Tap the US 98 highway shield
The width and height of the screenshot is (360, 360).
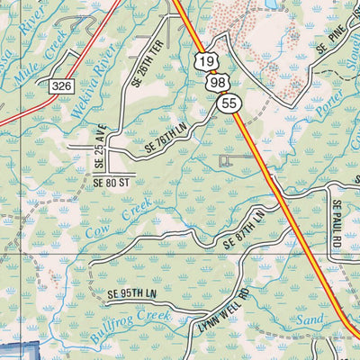[x=216, y=83]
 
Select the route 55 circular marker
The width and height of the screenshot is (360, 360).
[x=229, y=104]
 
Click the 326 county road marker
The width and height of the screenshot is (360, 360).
[x=60, y=85]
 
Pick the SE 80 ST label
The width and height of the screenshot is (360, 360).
[x=112, y=181]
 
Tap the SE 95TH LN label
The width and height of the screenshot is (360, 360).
[x=132, y=294]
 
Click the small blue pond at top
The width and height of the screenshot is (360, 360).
[x=270, y=4]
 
